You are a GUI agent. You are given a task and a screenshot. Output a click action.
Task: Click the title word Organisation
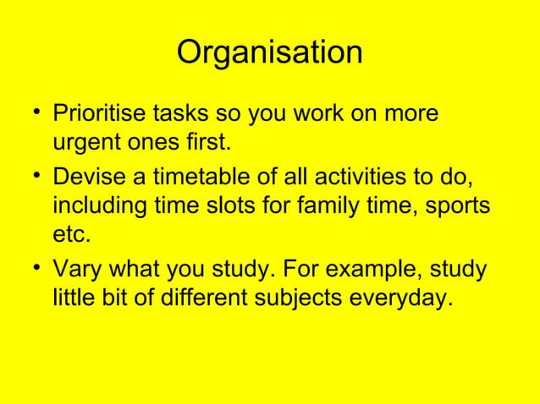[269, 53]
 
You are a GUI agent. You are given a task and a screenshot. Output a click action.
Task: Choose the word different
[208, 301]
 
